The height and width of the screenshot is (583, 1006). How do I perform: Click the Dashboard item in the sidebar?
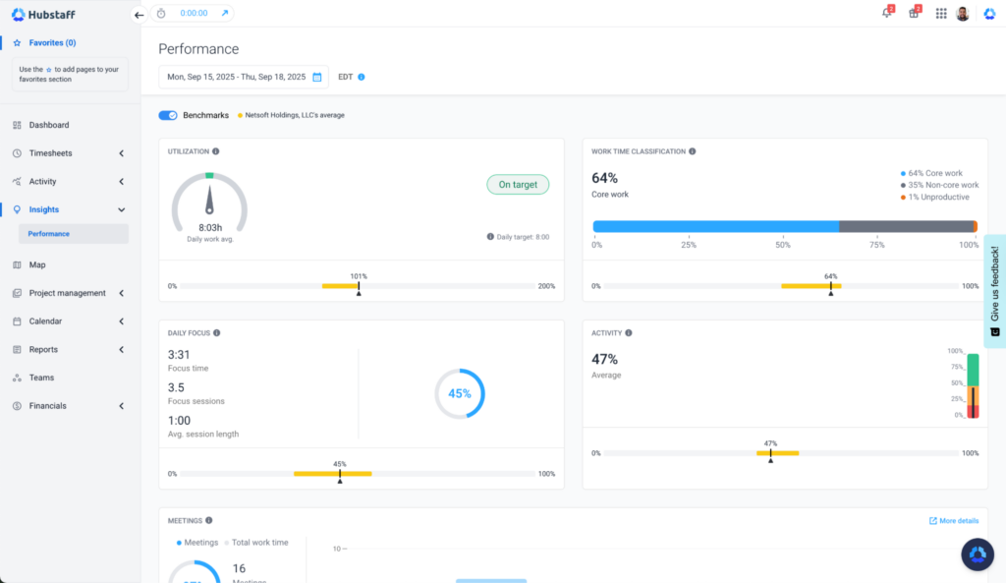click(x=48, y=125)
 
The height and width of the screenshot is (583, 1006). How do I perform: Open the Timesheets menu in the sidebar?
click(x=50, y=153)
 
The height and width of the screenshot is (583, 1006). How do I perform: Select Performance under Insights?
click(x=49, y=234)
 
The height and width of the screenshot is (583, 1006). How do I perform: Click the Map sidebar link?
click(x=37, y=264)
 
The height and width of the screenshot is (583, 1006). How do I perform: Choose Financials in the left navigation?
click(x=47, y=406)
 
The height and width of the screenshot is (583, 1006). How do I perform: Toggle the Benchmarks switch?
click(x=168, y=115)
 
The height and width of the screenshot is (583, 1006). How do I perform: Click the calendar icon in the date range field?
click(x=317, y=77)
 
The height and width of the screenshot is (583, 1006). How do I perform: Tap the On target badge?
click(x=518, y=184)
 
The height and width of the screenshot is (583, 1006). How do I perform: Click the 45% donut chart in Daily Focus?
click(x=460, y=393)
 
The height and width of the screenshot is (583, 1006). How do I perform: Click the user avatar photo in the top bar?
click(x=963, y=14)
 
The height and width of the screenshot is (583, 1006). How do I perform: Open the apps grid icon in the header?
click(x=941, y=14)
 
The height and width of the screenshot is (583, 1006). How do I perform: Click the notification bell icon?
click(x=886, y=14)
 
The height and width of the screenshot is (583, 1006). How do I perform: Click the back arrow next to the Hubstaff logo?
click(x=139, y=15)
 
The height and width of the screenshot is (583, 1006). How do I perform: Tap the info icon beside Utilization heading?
click(x=216, y=151)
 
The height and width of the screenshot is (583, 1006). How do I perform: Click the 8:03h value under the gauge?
click(x=209, y=227)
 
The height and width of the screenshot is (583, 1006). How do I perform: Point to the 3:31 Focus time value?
click(x=179, y=355)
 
